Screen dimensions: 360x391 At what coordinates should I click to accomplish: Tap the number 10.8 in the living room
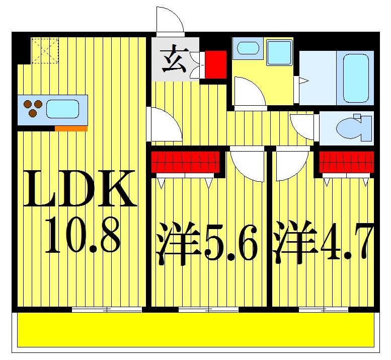pos(82,235)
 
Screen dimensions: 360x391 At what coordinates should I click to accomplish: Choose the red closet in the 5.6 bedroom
pos(186,162)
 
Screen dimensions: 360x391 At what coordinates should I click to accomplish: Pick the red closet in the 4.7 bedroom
pos(347,162)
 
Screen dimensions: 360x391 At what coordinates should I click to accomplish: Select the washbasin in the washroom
pos(248,49)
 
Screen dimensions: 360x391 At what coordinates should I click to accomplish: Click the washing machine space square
pos(279,52)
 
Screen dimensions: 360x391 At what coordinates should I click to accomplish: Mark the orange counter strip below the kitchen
pos(71,128)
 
